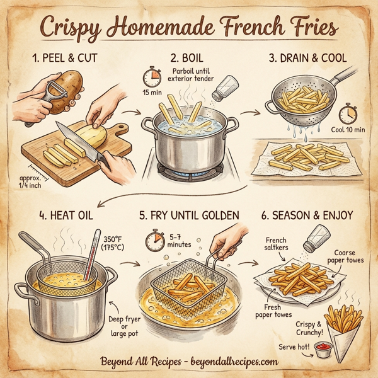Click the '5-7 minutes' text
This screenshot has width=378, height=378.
[x=179, y=240]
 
